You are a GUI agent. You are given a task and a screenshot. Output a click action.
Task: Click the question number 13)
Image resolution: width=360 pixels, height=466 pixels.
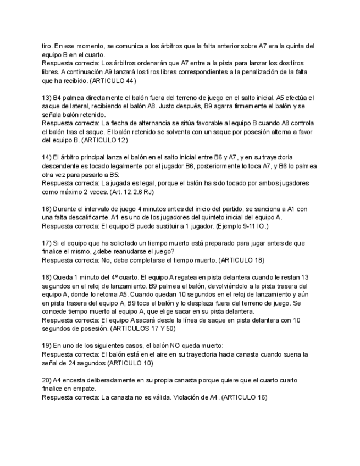coord(46,97)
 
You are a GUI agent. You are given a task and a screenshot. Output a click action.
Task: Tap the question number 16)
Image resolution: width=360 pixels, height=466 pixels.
coord(46,209)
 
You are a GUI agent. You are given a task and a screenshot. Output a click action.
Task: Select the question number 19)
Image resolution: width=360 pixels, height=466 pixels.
coord(46,345)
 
